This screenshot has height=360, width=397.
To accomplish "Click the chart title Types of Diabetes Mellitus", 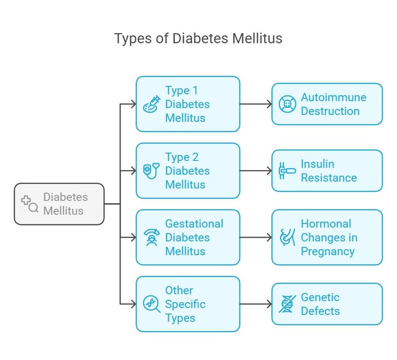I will point(198,39).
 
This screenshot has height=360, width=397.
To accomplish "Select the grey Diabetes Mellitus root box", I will point(59,204).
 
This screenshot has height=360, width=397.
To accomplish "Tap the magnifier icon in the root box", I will point(29,204).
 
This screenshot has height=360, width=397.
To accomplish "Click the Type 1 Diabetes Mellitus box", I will point(188,104).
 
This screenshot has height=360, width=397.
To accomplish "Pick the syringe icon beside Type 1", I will point(151,104).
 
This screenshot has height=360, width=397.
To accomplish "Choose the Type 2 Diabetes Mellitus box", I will point(188,171).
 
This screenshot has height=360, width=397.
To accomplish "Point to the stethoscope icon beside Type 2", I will point(151,171).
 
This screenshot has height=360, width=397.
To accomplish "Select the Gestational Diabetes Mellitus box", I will point(188,237).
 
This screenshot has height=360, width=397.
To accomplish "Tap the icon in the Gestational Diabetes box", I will point(151,237).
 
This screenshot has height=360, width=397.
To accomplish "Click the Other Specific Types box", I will point(188,304).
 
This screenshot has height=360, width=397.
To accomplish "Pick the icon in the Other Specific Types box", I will point(151,304).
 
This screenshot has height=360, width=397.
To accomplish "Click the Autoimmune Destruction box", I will point(327,104).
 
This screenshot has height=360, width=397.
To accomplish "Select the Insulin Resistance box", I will point(327,171).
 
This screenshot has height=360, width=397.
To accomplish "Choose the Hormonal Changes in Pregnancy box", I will point(327,237).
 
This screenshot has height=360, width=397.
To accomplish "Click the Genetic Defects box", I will point(327,304).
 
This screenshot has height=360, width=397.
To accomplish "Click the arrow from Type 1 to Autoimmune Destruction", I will point(256,104).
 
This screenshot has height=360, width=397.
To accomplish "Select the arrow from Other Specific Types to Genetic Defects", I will point(256,304).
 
